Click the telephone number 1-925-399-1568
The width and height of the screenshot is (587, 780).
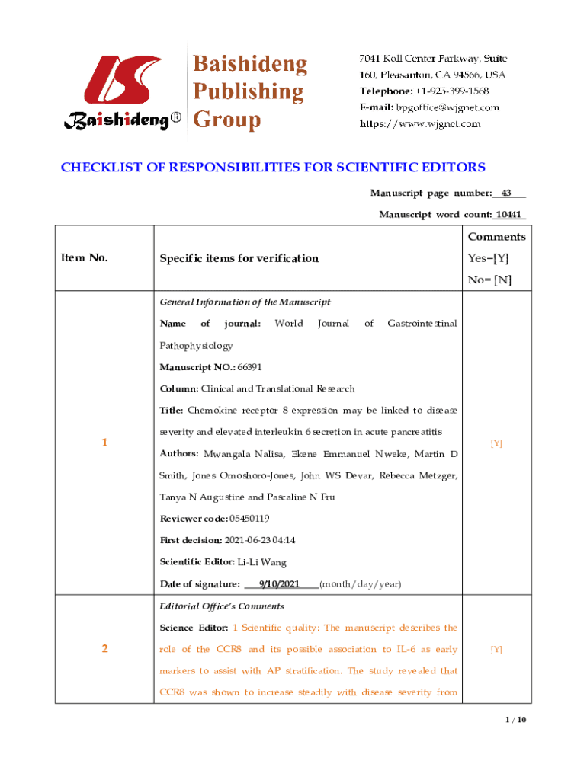pos(447,91)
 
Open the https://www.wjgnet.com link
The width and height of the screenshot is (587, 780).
pos(420,123)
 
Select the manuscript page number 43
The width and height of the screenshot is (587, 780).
pos(505,193)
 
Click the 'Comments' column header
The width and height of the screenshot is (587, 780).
pos(496,237)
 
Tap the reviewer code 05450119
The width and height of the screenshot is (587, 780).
pos(254,519)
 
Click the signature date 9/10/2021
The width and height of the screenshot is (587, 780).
pos(279,584)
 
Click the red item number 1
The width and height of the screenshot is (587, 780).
pos(104,443)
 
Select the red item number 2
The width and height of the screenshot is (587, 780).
pos(104,650)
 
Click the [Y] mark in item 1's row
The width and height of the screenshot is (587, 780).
pos(496,443)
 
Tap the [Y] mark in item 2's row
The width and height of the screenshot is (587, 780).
pos(496,650)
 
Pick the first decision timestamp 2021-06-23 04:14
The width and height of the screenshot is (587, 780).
pos(260,540)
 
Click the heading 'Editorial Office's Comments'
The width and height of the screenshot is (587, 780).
pos(222,606)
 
